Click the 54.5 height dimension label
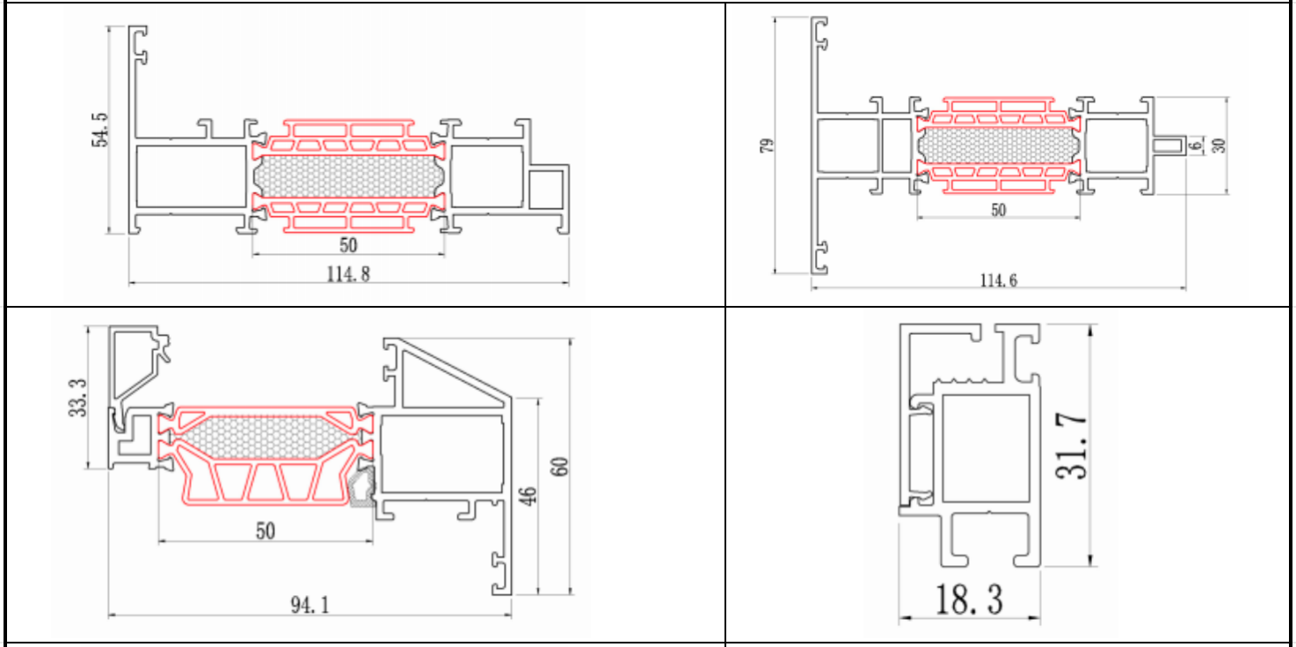pos(102,128)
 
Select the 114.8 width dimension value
pos(348,273)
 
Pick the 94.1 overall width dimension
pos(311,605)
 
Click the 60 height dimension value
pos(559,465)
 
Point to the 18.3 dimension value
pos(969,600)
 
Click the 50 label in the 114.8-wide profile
pos(348,245)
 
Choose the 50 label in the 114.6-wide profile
pos(997,210)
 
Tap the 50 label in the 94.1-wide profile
pos(265,530)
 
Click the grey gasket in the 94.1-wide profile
pos(361,489)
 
